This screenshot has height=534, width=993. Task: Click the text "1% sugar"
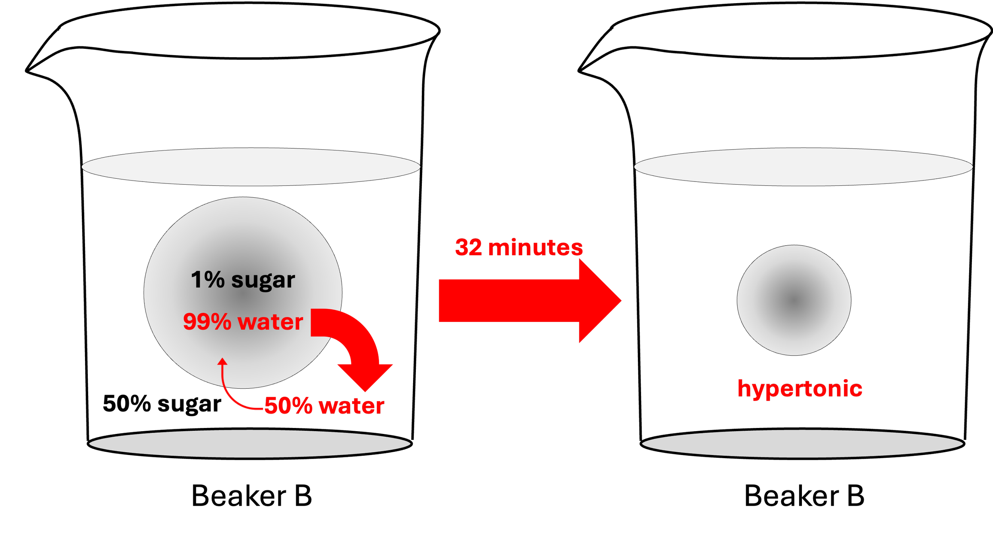(x=243, y=280)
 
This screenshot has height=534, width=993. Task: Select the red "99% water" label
(x=243, y=322)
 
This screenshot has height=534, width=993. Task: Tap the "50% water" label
(x=324, y=406)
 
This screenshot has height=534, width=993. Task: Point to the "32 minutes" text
(x=519, y=247)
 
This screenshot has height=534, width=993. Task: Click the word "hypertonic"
(x=800, y=388)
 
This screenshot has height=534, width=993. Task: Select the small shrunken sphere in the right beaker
(x=794, y=300)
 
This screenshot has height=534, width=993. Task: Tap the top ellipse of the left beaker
(x=251, y=167)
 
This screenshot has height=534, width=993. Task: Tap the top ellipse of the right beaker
(x=803, y=167)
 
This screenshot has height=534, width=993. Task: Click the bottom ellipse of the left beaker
(x=250, y=443)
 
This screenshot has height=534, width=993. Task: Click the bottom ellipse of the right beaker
(x=802, y=443)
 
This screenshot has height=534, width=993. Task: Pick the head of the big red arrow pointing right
(x=600, y=301)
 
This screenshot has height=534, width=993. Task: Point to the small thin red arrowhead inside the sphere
(x=222, y=361)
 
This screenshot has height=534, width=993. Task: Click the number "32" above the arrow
(x=469, y=247)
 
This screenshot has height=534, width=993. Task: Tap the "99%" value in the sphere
(x=207, y=322)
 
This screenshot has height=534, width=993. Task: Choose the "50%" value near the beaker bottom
(x=288, y=406)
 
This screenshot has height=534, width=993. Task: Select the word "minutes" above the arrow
(x=535, y=247)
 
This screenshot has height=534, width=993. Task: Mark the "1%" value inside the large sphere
(x=207, y=280)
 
